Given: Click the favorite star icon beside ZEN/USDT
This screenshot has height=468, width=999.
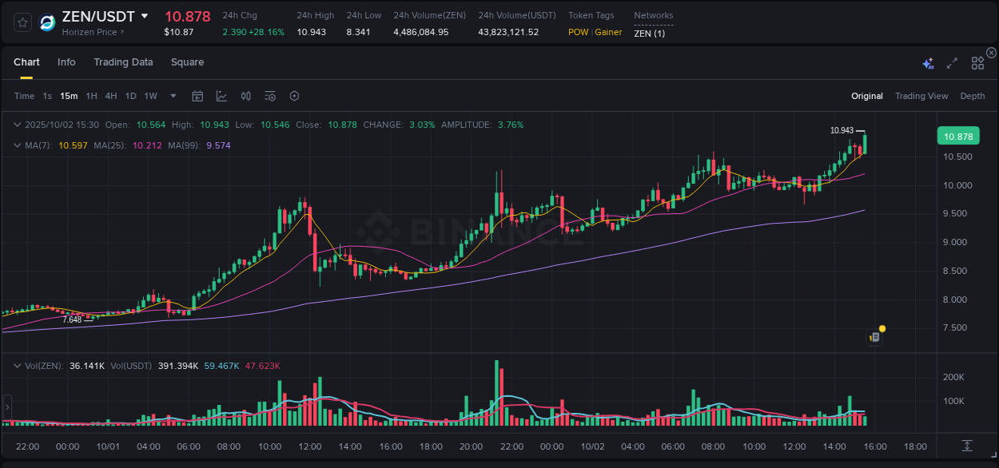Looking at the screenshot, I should click(x=23, y=22).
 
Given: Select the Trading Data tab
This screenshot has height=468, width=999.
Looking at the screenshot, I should click(x=123, y=62).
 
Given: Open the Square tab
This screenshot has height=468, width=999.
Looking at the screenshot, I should click(x=187, y=62).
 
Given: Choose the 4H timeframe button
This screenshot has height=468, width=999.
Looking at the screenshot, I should click(x=111, y=96).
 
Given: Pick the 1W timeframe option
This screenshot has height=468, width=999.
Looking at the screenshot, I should click(x=150, y=96).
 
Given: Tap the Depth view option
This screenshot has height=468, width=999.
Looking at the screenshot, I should click(x=972, y=96).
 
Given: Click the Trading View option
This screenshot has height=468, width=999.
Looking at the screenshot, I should click(x=921, y=96).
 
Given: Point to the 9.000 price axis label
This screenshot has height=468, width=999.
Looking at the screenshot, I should click(x=957, y=243).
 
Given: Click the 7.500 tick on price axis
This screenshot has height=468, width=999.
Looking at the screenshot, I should click(x=957, y=328).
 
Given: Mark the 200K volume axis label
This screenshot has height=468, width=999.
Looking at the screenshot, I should click(x=953, y=377).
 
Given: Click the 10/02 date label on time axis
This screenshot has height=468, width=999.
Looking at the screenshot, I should click(x=592, y=446).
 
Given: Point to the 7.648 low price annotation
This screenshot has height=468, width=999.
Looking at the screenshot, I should click(x=72, y=319).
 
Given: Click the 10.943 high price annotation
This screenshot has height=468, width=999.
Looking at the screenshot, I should click(x=842, y=130).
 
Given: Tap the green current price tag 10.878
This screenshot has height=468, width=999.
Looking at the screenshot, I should click(x=958, y=137).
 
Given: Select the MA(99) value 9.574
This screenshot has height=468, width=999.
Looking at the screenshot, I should click(x=218, y=145).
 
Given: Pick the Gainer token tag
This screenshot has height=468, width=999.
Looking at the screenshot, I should click(x=608, y=32).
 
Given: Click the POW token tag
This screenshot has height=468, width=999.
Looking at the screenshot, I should click(x=578, y=32).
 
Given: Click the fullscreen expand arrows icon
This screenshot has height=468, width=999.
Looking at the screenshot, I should click(x=952, y=63).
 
